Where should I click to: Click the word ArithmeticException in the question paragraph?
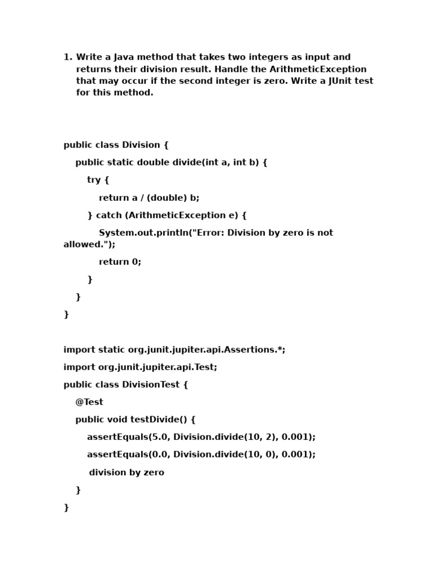pyautogui.click(x=318, y=69)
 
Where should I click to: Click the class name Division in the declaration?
pyautogui.click(x=141, y=145)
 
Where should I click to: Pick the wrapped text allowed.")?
pyautogui.click(x=89, y=245)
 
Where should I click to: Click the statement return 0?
pyautogui.click(x=120, y=262)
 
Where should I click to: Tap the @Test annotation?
pyautogui.click(x=89, y=402)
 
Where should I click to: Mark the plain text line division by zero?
pyautogui.click(x=127, y=472)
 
